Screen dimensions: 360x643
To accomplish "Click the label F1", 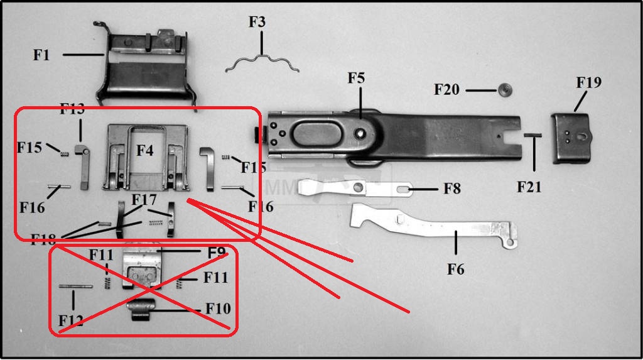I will click(x=41, y=55).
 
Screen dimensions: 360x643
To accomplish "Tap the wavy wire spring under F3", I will click(x=262, y=62).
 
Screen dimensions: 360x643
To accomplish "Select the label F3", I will click(x=257, y=22).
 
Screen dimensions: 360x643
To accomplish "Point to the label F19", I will click(x=588, y=82).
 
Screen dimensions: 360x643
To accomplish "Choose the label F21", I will click(x=529, y=187).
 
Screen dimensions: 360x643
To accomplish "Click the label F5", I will click(x=356, y=79).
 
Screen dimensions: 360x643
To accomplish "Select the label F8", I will click(x=452, y=188).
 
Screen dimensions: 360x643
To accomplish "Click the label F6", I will click(x=455, y=270).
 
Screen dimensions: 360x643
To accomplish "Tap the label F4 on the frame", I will click(x=144, y=151).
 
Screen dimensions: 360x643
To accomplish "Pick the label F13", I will click(x=72, y=109).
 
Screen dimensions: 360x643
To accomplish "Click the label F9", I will click(x=216, y=253).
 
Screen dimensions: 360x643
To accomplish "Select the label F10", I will click(x=218, y=308).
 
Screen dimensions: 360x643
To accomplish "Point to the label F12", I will click(x=71, y=321).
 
